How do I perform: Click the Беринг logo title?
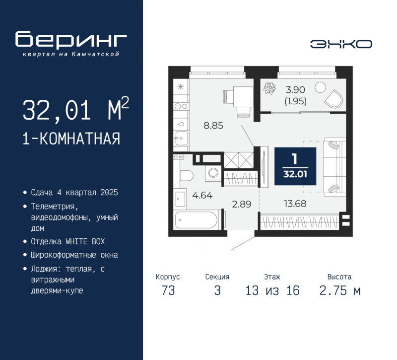pos(71,39)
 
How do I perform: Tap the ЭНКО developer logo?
pos(341,44)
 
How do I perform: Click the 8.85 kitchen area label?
pos(213,126)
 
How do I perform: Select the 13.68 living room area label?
pos(295,204)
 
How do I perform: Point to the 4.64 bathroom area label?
pos(202,195)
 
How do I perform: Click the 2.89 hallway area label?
pos(242,204)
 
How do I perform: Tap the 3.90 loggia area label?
pos(295,90)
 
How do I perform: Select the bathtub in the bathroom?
pos(196,220)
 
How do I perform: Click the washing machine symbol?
pos(213,173)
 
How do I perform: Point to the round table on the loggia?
pos(320,87)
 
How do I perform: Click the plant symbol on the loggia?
pos(269,88)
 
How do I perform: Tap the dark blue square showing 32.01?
pos(295,166)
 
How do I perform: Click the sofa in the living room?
pos(334,167)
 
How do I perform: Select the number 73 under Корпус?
pos(168,290)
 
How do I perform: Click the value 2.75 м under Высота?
pos(340,290)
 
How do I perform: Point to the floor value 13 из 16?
pos(272,290)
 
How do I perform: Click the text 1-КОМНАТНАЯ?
pos(71,139)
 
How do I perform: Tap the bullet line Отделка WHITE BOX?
pos(68,241)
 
